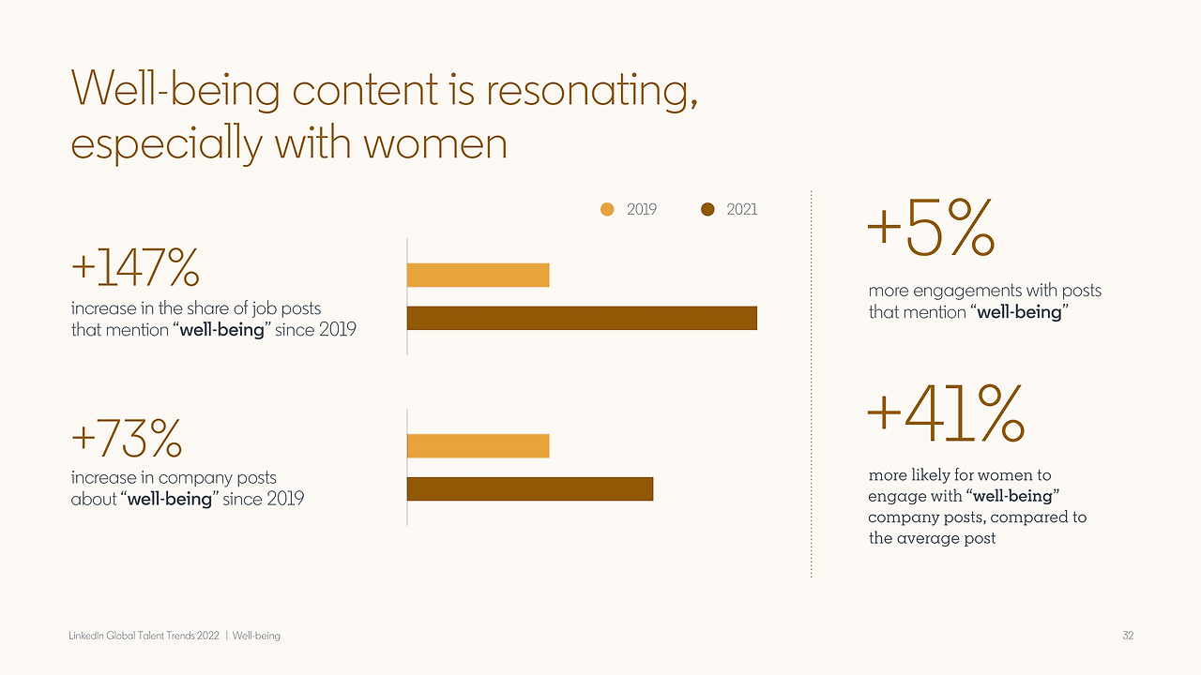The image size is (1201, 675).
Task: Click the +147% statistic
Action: pos(135,269)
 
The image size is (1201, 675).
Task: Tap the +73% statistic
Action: pos(126,437)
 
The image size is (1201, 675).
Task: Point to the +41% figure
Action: pos(944,415)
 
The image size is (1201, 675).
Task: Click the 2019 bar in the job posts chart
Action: pos(478,275)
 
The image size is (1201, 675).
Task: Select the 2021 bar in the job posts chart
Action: pos(582,318)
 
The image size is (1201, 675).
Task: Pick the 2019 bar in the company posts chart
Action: pos(478,446)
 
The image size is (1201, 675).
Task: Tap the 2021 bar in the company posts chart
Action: pos(530,489)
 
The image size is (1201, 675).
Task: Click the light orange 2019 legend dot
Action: pos(608,210)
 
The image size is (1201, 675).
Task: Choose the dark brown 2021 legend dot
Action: pos(708,210)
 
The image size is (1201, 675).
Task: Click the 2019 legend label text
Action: pos(642,210)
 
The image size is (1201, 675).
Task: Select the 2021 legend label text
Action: pos(741,210)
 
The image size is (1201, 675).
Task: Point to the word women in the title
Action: pos(435,144)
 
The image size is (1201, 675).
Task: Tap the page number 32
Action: pos(1128,636)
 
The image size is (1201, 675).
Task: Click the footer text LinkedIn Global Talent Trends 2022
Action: pos(144,636)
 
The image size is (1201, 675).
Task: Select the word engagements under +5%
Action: pos(967,291)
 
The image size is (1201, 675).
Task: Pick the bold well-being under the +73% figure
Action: pos(170,499)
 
